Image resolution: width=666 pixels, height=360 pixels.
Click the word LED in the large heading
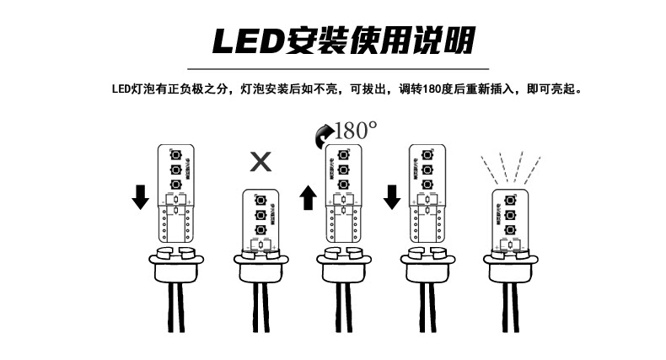[x=239, y=40]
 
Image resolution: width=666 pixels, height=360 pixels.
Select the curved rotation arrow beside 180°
[x=322, y=133]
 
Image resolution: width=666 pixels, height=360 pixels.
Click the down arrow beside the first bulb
[x=141, y=196]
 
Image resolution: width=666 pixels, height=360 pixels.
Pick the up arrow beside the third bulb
[x=308, y=199]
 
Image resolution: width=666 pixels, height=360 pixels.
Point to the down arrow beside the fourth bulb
[x=391, y=196]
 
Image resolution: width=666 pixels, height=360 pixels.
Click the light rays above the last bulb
[x=508, y=165]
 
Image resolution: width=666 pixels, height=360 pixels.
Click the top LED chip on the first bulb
[x=176, y=156]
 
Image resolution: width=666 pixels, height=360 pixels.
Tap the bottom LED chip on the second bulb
[x=260, y=229]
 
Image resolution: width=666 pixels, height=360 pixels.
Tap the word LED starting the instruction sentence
[x=118, y=88]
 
